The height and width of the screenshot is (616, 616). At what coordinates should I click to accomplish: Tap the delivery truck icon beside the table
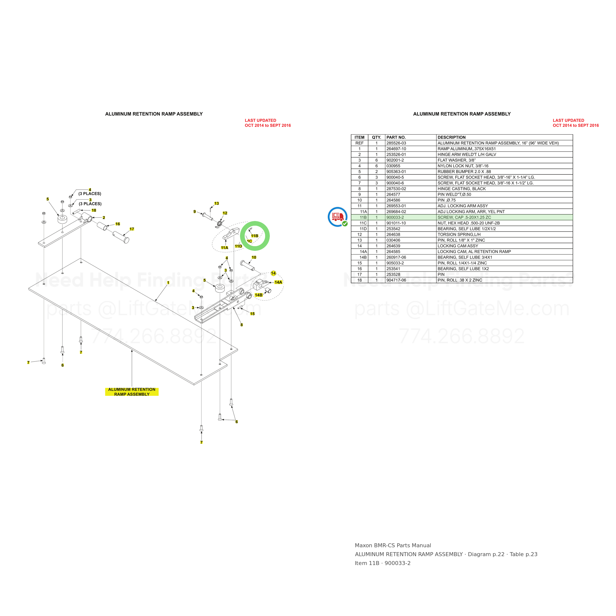(x=337, y=217)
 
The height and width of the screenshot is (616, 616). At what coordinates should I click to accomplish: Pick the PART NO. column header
(x=396, y=137)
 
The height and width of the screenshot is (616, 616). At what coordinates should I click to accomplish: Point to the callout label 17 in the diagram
(x=132, y=229)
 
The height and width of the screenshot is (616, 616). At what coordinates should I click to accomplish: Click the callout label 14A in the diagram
(x=278, y=282)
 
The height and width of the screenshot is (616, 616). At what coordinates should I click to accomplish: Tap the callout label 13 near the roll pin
(x=217, y=204)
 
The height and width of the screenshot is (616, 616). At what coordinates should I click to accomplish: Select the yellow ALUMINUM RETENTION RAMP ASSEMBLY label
(x=132, y=392)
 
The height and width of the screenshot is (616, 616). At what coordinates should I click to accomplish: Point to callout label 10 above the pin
(x=254, y=257)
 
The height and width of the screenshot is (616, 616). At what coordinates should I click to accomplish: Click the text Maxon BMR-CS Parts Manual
(x=393, y=546)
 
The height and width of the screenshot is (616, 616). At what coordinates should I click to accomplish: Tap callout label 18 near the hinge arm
(x=94, y=210)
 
